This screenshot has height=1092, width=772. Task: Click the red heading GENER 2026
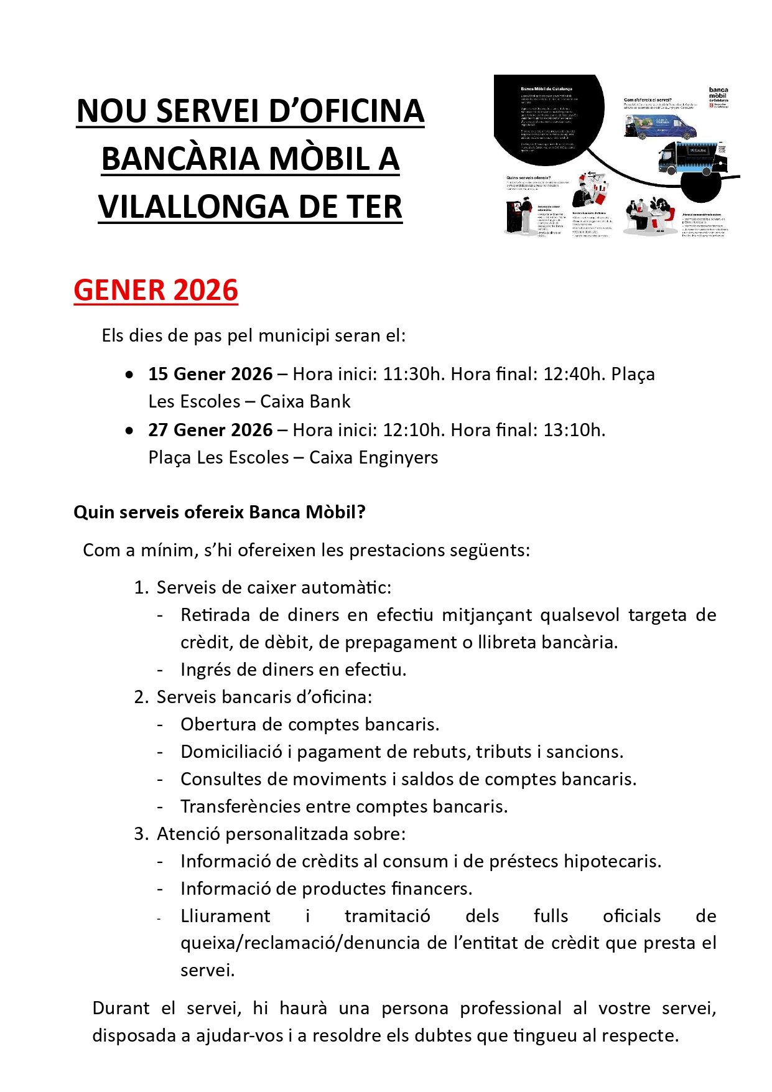pos(156,291)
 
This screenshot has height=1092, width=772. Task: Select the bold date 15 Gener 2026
pos(210,374)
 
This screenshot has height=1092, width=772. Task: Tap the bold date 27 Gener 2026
pos(210,430)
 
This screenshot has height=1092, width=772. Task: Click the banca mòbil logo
pos(719,96)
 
